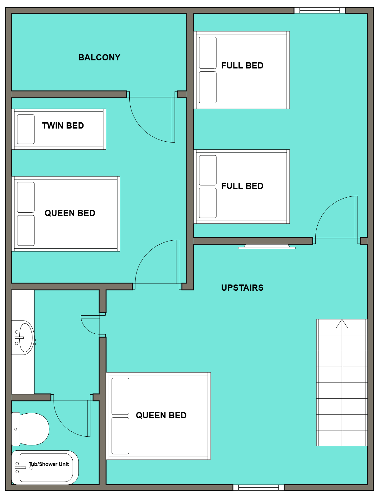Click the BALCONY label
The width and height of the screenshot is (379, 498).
tap(99, 57)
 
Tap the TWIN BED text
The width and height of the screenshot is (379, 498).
tap(63, 125)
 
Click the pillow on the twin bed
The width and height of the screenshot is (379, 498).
tap(26, 129)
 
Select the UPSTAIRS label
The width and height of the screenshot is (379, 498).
tap(242, 288)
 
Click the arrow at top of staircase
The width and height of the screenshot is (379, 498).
tap(342, 324)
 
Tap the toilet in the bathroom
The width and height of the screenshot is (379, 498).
tap(31, 429)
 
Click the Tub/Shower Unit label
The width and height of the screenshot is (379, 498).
tap(49, 464)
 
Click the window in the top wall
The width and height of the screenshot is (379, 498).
tap(320, 10)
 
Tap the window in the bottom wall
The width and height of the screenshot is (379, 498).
tap(258, 487)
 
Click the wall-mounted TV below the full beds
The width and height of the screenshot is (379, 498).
tap(267, 247)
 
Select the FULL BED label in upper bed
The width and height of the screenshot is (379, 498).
tap(242, 65)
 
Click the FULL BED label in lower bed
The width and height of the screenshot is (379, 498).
tap(242, 186)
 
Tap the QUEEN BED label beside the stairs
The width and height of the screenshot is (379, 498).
tap(161, 415)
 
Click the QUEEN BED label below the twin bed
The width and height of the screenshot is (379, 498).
tap(70, 213)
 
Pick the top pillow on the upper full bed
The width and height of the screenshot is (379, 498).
tap(208, 53)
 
